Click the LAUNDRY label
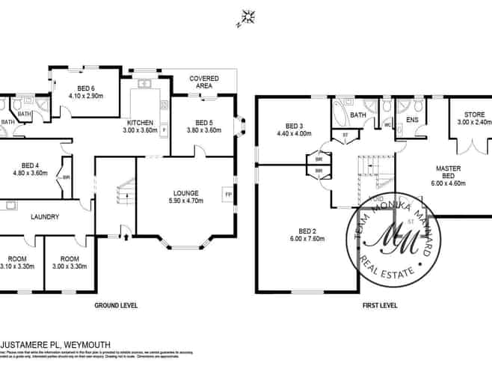click(45, 217)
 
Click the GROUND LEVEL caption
click(115, 305)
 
